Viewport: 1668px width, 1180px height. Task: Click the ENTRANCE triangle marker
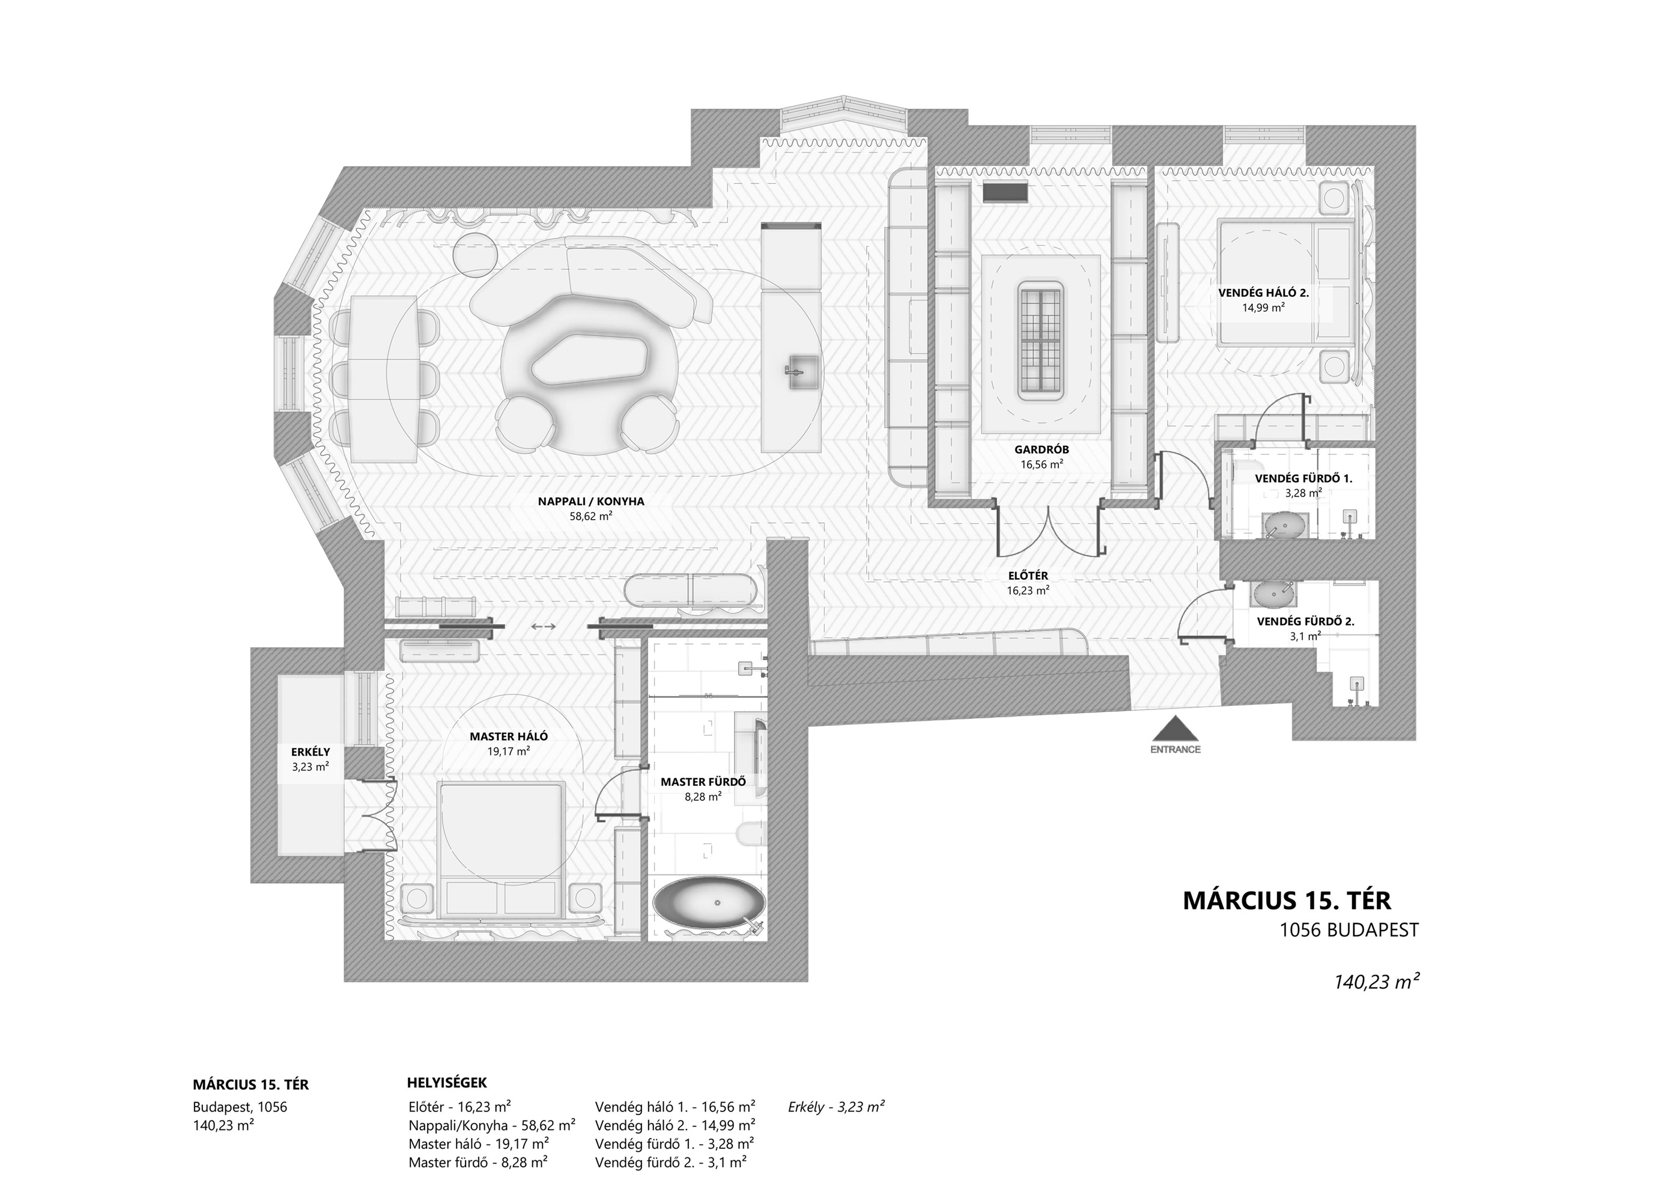pyautogui.click(x=1175, y=729)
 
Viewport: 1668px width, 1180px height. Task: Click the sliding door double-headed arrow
pyautogui.click(x=544, y=626)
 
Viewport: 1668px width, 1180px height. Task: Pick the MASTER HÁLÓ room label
pyautogui.click(x=509, y=736)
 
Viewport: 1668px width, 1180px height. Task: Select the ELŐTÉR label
pyautogui.click(x=1028, y=576)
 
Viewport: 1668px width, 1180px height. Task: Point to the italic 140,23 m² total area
pyautogui.click(x=1376, y=982)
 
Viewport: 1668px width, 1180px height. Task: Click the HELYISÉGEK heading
pyautogui.click(x=447, y=1083)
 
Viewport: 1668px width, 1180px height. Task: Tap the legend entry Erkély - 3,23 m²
pyautogui.click(x=836, y=1107)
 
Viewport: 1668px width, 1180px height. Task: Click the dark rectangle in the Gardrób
pyautogui.click(x=1005, y=192)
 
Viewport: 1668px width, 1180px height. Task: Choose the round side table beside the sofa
pyautogui.click(x=476, y=254)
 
